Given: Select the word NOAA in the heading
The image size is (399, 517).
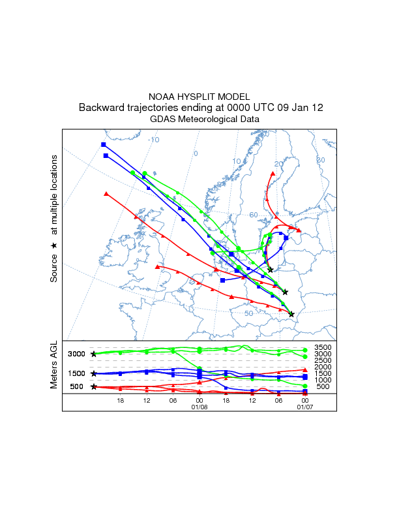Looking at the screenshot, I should click(x=160, y=96).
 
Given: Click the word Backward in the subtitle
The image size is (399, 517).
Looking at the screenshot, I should click(x=100, y=108).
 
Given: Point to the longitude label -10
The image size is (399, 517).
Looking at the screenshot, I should click(x=154, y=140).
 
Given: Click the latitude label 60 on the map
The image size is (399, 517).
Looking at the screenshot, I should click(x=254, y=215).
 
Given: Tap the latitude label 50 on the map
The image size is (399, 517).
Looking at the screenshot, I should click(x=248, y=313).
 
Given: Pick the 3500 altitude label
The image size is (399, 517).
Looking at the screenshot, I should click(x=323, y=347).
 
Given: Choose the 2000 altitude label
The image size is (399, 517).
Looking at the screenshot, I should click(x=323, y=367).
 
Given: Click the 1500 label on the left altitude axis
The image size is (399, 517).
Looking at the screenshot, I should click(x=78, y=373).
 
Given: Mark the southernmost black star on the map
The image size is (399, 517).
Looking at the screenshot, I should click(x=291, y=314).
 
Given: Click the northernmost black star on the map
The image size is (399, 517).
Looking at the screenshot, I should click(x=271, y=270).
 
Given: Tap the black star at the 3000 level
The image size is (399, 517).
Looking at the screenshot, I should click(x=94, y=354).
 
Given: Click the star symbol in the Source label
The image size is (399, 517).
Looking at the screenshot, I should click(x=55, y=245).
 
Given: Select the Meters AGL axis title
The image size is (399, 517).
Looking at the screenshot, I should click(x=55, y=367).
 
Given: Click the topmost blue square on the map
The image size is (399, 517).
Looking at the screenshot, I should click(x=103, y=144).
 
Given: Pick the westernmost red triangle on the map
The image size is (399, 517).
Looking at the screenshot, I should click(x=106, y=193).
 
